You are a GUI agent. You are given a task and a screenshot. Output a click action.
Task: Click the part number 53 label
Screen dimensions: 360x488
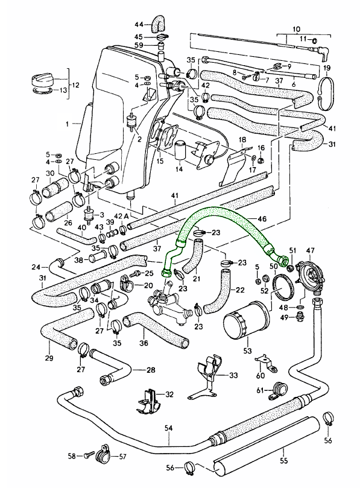247,350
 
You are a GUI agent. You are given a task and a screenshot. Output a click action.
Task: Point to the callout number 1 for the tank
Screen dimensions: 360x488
67,124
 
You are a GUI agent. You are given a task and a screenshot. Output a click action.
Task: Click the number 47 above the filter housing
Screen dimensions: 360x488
311,250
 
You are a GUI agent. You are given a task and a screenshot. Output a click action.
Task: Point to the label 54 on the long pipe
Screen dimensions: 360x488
168,428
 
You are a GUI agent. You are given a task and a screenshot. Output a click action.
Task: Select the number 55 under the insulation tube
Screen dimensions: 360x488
284,460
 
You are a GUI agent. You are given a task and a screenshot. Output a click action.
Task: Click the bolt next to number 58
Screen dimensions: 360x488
89,456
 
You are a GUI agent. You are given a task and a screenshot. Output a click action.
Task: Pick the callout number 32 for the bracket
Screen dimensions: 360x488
169,395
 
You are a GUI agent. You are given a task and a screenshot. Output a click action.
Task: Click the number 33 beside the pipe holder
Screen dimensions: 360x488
233,375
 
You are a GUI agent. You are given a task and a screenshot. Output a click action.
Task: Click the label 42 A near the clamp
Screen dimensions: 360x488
121,217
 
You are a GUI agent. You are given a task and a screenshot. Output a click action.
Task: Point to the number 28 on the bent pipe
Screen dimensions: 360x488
151,370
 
